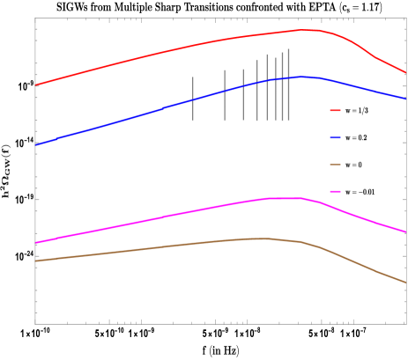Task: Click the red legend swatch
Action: point(335,111)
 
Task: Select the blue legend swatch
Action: point(335,138)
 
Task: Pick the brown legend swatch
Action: point(335,165)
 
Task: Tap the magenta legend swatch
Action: point(335,191)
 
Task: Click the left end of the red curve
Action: point(36,85)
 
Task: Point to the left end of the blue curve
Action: point(36,144)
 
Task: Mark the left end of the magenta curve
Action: point(36,243)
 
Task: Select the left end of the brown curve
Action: point(36,261)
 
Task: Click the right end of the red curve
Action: point(406,73)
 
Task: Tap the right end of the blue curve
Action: point(406,99)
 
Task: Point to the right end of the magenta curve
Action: point(406,232)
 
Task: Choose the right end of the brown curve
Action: point(406,283)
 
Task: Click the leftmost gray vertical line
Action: point(193,99)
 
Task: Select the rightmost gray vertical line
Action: point(288,84)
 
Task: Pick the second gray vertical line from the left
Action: point(225,95)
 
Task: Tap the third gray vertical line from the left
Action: point(243,94)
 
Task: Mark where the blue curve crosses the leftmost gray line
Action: point(193,99)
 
